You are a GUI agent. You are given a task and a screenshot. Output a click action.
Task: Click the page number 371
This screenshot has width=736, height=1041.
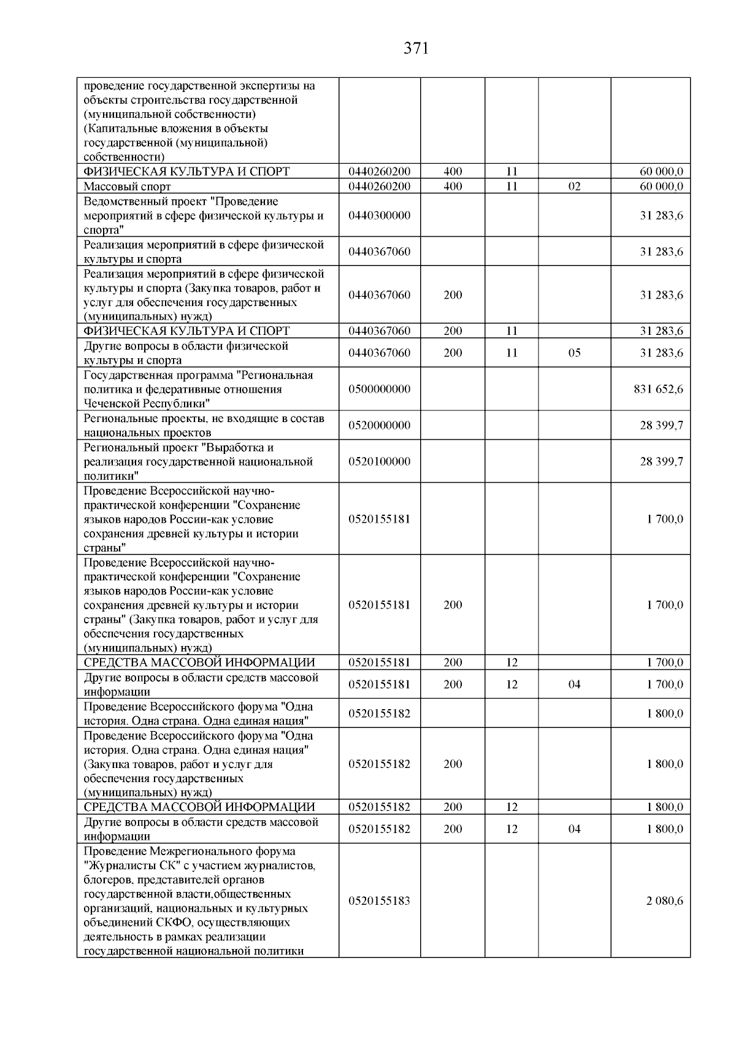pyautogui.click(x=416, y=48)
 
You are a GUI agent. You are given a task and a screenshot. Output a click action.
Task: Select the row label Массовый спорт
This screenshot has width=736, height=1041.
pyautogui.click(x=127, y=186)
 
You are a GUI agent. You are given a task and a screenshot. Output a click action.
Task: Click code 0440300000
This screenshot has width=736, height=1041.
pyautogui.click(x=379, y=215)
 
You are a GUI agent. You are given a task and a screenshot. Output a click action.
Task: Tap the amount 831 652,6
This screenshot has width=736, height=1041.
pyautogui.click(x=658, y=389)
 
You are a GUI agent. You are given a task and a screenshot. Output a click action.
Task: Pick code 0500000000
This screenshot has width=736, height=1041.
pyautogui.click(x=379, y=389)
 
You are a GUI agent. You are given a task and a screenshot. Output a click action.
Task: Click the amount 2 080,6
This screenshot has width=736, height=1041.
pyautogui.click(x=664, y=901)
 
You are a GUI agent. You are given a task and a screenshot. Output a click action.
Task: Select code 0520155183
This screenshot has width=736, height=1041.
pyautogui.click(x=379, y=901)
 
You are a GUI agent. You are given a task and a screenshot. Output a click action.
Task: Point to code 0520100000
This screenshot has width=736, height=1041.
pyautogui.click(x=379, y=461)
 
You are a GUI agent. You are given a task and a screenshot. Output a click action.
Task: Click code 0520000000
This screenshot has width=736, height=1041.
pyautogui.click(x=379, y=425)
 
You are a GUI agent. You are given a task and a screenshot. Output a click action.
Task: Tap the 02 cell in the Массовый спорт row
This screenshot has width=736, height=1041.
pyautogui.click(x=574, y=186)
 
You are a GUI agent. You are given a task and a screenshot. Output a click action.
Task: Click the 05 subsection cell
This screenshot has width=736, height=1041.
pyautogui.click(x=574, y=353)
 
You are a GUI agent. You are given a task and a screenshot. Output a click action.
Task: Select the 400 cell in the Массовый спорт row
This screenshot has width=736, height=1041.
pyautogui.click(x=453, y=186)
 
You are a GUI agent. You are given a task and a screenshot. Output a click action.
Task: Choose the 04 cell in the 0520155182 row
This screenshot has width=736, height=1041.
pyautogui.click(x=574, y=829)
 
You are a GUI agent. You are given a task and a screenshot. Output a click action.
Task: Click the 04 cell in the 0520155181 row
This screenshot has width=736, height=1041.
pyautogui.click(x=574, y=684)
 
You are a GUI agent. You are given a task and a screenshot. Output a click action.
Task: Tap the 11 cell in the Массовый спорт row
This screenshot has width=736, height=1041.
pyautogui.click(x=512, y=186)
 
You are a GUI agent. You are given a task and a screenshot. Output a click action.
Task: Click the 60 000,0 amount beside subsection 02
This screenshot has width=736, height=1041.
pyautogui.click(x=661, y=186)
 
